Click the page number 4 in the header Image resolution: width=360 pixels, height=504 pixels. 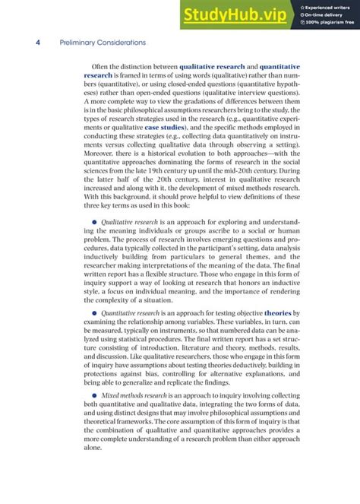tap(38, 43)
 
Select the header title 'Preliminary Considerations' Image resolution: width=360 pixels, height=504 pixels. tap(103, 43)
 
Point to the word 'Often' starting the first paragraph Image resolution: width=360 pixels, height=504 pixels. tap(101, 67)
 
